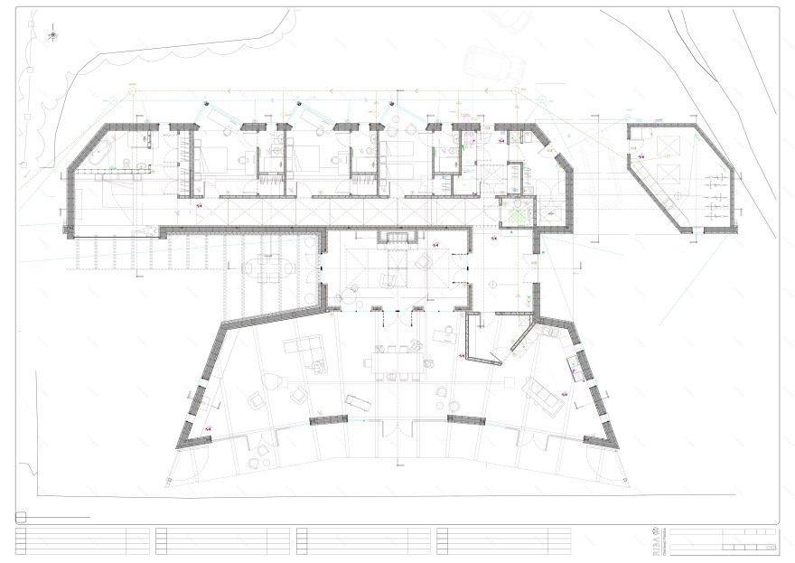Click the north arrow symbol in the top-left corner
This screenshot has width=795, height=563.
[52, 35]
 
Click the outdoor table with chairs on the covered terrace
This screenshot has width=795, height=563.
[269, 269]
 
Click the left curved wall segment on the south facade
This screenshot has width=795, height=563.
[329, 420]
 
